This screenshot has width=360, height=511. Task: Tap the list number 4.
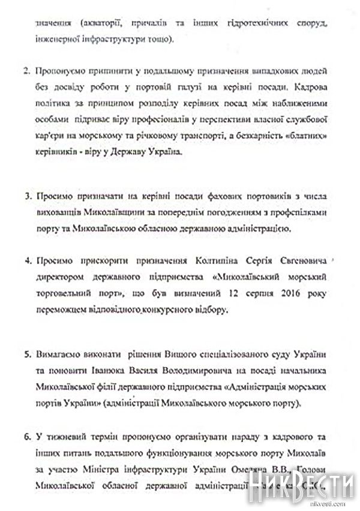point(26,261)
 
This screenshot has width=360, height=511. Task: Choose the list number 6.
point(26,436)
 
